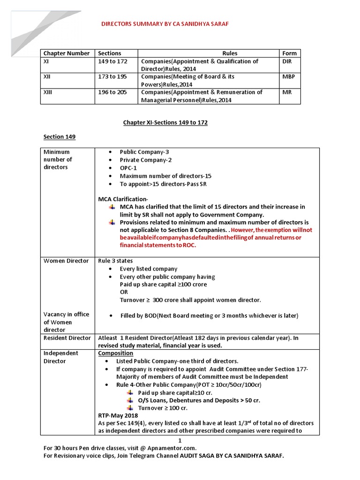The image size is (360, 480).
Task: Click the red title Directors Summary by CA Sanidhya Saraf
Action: (x=165, y=23)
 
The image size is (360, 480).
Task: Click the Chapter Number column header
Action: (x=66, y=53)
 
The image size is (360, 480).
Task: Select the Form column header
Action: (x=289, y=53)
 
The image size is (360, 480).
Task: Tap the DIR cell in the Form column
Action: (x=287, y=61)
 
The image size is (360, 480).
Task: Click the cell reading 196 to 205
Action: (x=112, y=92)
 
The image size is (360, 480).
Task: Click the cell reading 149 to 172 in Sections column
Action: (x=112, y=61)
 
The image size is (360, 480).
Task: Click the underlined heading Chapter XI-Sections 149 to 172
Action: (x=165, y=123)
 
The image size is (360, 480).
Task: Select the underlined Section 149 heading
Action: (x=59, y=137)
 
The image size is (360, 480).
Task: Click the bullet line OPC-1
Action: (x=129, y=168)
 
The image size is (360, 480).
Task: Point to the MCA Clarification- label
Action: (x=123, y=200)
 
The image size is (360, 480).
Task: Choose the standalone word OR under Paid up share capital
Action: (x=124, y=292)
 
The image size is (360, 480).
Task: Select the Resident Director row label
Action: (x=67, y=338)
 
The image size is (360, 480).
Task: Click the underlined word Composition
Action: (x=115, y=353)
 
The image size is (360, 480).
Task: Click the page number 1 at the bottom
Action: (x=180, y=441)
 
